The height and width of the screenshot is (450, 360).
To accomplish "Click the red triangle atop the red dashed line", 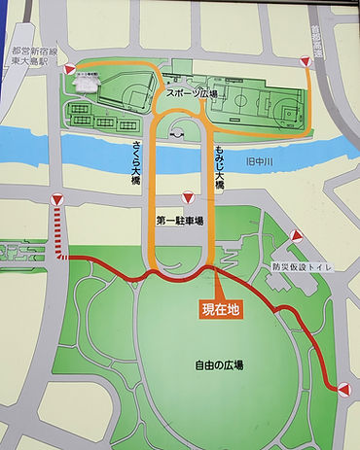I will click(x=58, y=199).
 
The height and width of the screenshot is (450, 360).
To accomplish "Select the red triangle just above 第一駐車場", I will click(x=186, y=196).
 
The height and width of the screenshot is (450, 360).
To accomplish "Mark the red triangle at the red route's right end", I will click(x=342, y=389).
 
